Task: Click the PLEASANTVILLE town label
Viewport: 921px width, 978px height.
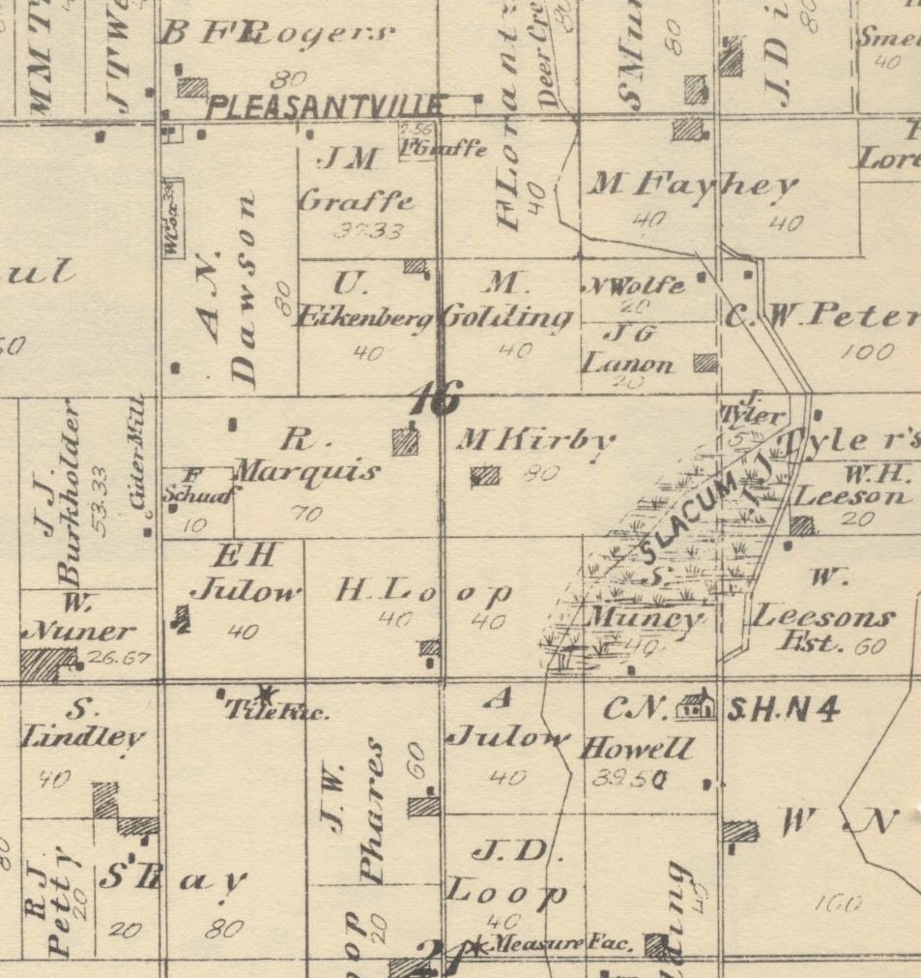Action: pyautogui.click(x=326, y=105)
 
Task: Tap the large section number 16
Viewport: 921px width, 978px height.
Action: pyautogui.click(x=436, y=398)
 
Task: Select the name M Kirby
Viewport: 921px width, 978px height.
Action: pyautogui.click(x=534, y=440)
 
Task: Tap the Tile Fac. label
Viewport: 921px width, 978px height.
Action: pyautogui.click(x=278, y=713)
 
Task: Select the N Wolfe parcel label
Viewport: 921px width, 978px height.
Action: pyautogui.click(x=634, y=286)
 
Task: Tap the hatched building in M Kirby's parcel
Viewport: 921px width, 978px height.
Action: pyautogui.click(x=485, y=475)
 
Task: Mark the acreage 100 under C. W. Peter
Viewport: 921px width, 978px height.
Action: pyautogui.click(x=867, y=352)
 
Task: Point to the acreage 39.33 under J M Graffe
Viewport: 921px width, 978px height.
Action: pyautogui.click(x=368, y=231)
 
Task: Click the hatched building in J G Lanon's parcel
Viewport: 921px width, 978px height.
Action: pyautogui.click(x=705, y=363)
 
